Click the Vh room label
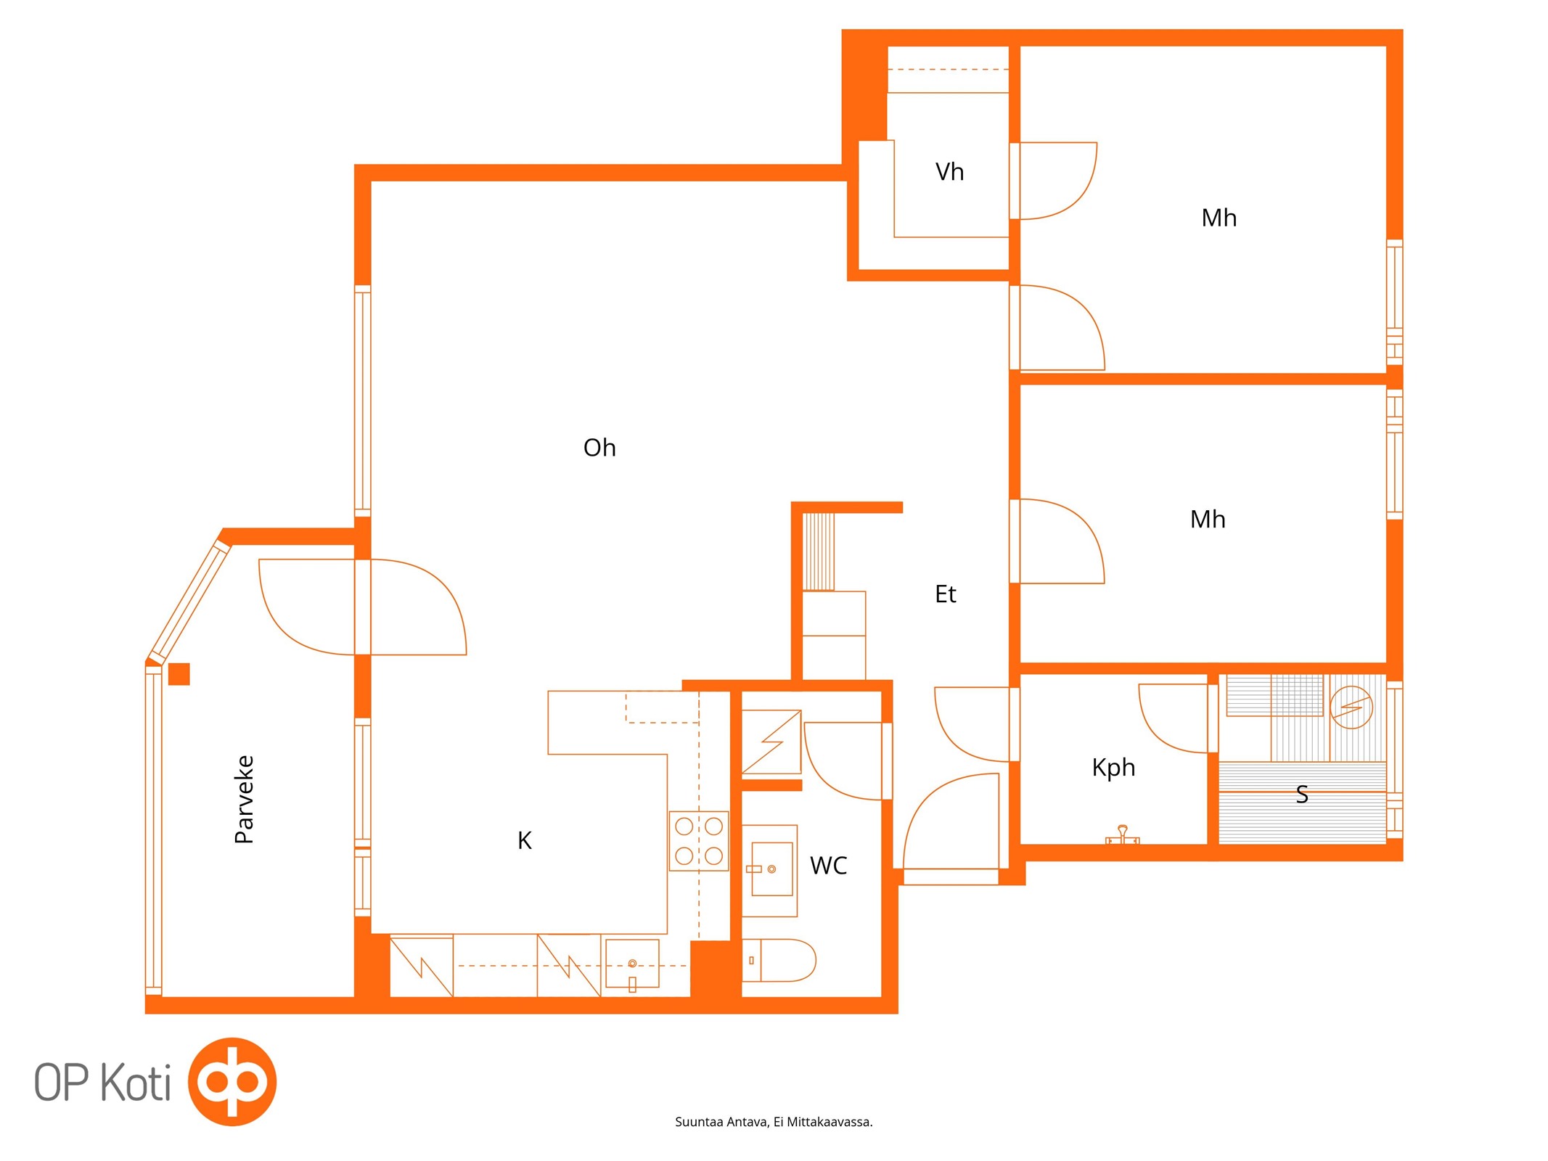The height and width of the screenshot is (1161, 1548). tap(949, 172)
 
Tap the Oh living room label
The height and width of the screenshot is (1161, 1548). tap(599, 448)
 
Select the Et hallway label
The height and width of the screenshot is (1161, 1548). tap(945, 594)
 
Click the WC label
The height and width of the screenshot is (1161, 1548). tap(828, 866)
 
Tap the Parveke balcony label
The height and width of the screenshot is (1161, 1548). tap(245, 799)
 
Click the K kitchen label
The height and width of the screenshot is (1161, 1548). tap(525, 840)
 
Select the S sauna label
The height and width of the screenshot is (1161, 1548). tap(1302, 795)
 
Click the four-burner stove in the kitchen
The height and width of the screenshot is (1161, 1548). tap(698, 841)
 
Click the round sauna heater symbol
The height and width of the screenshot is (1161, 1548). tap(1351, 707)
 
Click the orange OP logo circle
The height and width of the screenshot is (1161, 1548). tap(232, 1081)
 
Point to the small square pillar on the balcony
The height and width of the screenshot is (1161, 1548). tap(179, 674)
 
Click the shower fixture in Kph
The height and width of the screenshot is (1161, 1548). tap(1122, 835)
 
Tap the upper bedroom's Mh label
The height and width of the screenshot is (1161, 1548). tap(1219, 218)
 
